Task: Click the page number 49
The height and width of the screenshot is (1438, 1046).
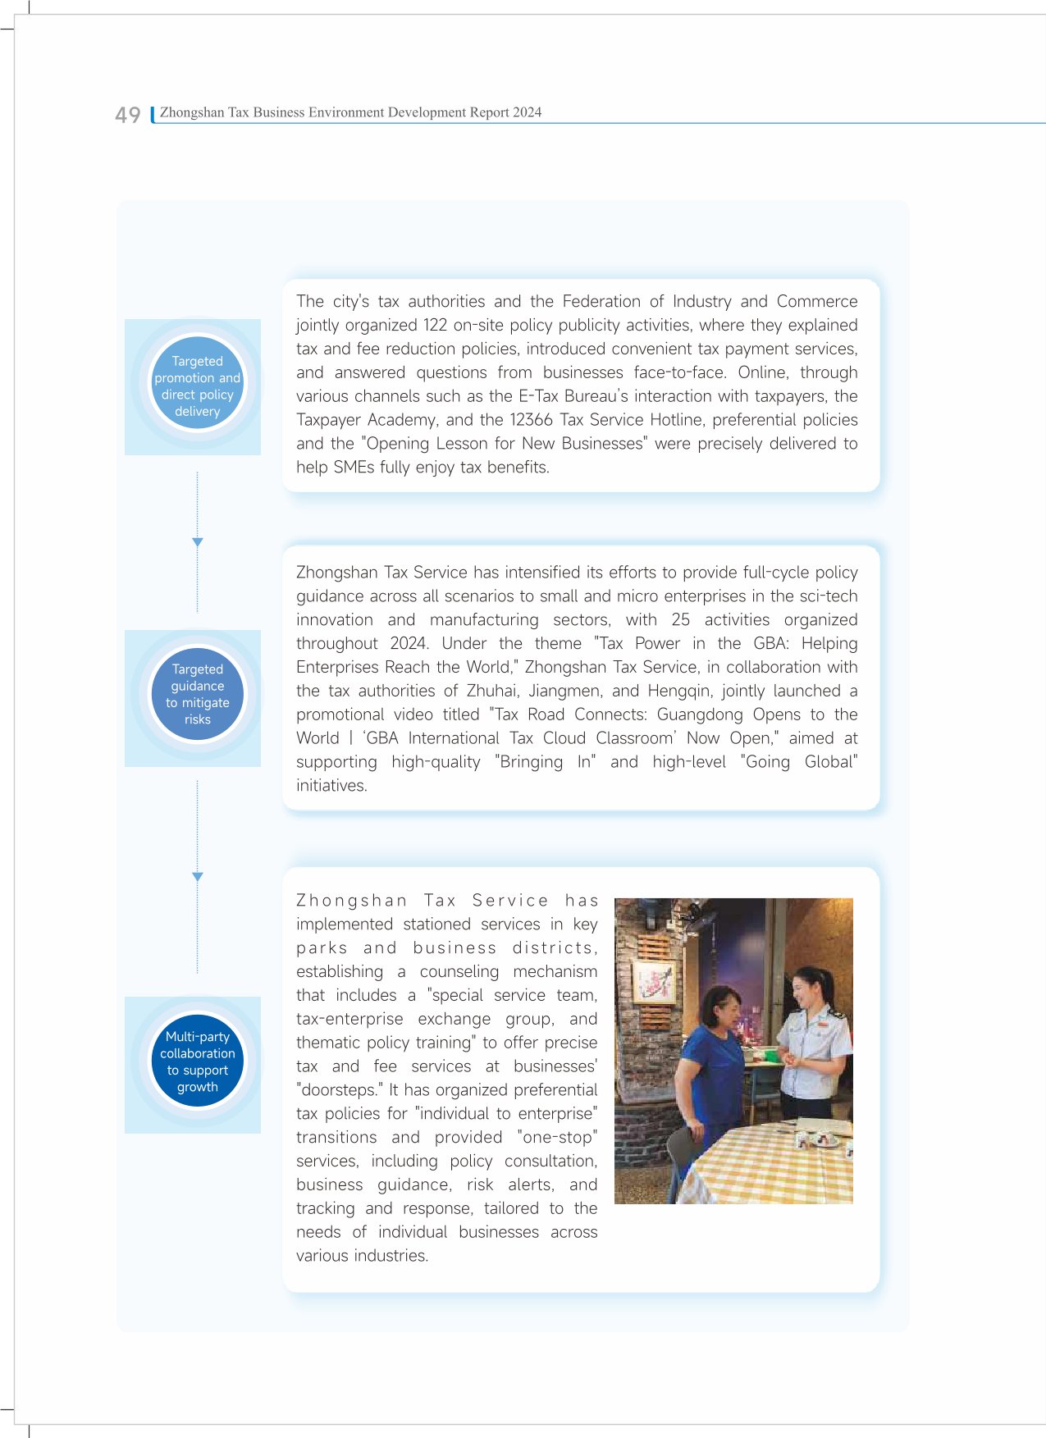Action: pyautogui.click(x=127, y=115)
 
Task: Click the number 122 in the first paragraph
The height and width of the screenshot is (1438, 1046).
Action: pyautogui.click(x=435, y=326)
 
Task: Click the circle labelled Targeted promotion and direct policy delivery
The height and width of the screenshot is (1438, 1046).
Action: pyautogui.click(x=197, y=386)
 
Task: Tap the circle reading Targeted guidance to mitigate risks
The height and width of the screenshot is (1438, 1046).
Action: pyautogui.click(x=197, y=695)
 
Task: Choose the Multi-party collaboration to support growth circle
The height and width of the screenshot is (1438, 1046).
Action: pyautogui.click(x=197, y=1061)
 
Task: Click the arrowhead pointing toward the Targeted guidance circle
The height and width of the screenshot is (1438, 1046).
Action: pyautogui.click(x=197, y=542)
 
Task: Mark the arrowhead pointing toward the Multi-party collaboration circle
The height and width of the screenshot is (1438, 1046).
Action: pyautogui.click(x=197, y=877)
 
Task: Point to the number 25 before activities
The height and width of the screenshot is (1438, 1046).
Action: pyautogui.click(x=680, y=620)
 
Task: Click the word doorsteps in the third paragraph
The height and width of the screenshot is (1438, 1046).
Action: pyautogui.click(x=337, y=1090)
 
